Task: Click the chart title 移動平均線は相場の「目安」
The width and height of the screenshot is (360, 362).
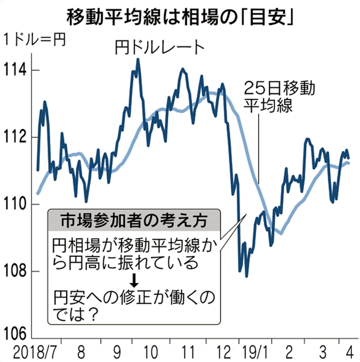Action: coord(180,16)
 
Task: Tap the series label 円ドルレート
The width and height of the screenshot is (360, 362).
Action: coord(159,48)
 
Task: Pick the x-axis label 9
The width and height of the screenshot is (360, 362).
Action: coord(115,351)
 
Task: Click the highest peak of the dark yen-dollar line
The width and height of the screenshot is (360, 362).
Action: coord(138,59)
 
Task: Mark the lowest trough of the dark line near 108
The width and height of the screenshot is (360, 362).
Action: coord(247,276)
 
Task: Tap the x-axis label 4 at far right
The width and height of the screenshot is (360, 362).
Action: coord(348,351)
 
